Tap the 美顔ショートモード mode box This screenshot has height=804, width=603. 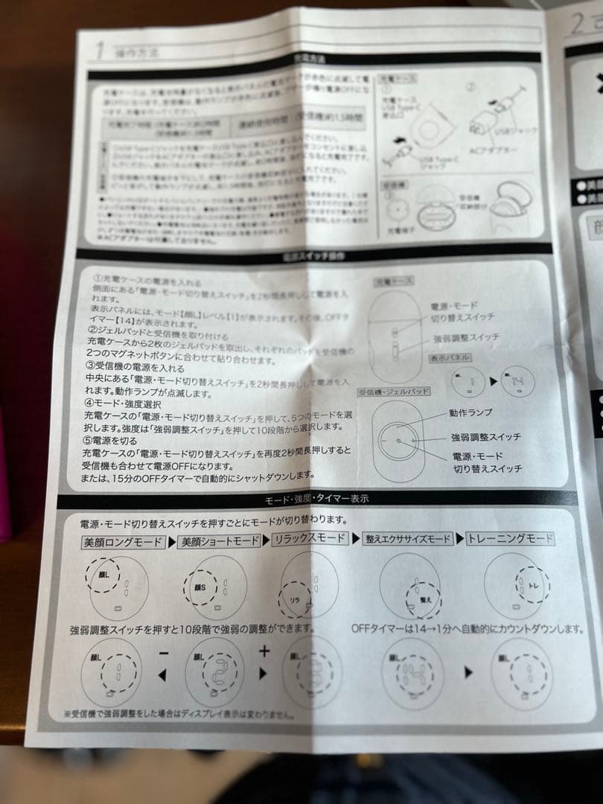[219, 541]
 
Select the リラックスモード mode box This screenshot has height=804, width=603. [310, 538]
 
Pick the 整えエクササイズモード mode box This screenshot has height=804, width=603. [407, 539]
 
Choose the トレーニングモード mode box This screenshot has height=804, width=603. [511, 538]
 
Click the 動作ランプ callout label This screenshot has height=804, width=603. [470, 412]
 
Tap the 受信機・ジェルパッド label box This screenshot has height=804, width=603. [394, 391]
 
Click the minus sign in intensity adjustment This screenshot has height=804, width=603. [164, 653]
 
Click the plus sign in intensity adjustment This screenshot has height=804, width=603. [264, 651]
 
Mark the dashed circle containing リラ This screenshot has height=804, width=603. [295, 598]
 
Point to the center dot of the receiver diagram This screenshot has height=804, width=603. [400, 440]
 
